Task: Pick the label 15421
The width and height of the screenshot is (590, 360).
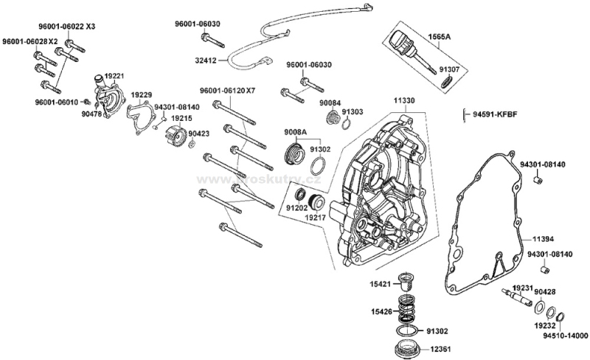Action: [381, 283]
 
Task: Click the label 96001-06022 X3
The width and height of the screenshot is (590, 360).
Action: [67, 26]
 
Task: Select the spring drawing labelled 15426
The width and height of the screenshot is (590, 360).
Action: [404, 305]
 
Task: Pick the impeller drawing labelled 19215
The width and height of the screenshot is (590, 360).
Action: [174, 136]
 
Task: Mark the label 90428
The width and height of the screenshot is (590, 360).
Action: [545, 291]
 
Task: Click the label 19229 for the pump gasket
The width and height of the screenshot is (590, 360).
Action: [142, 95]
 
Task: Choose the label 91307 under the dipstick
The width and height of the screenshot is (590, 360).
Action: [449, 70]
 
